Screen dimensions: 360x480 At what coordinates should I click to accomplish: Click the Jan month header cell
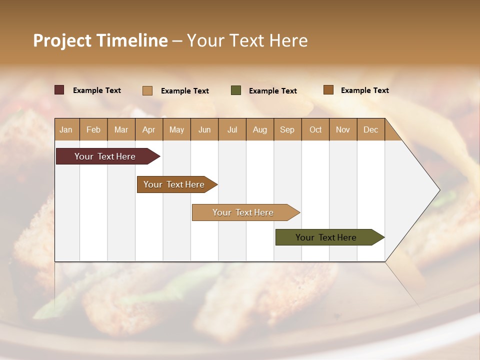66,129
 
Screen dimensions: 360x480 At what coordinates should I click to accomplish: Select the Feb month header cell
93,129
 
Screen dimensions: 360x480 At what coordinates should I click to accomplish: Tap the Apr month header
149,129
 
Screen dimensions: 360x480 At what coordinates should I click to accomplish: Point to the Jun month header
204,129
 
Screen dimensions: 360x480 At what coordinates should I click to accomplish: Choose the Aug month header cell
260,129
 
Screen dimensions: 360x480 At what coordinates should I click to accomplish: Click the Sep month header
287,129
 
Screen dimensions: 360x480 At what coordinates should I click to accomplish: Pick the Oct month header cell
315,129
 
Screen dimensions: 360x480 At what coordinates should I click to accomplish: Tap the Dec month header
371,129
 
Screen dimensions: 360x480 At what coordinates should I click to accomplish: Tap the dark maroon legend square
59,90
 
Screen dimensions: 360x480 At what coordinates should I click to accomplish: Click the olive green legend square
236,90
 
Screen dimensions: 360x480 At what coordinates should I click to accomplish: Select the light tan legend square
147,90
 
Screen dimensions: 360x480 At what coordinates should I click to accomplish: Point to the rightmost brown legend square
328,90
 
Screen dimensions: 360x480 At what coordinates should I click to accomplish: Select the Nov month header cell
343,129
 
